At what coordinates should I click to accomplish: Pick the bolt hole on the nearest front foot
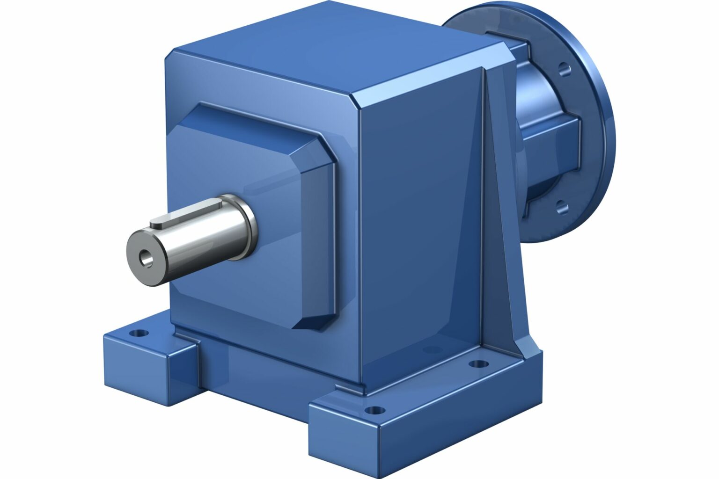tap(374, 411)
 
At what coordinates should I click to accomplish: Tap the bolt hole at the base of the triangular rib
tap(477, 363)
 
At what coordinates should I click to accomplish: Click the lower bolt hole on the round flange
tap(562, 206)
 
